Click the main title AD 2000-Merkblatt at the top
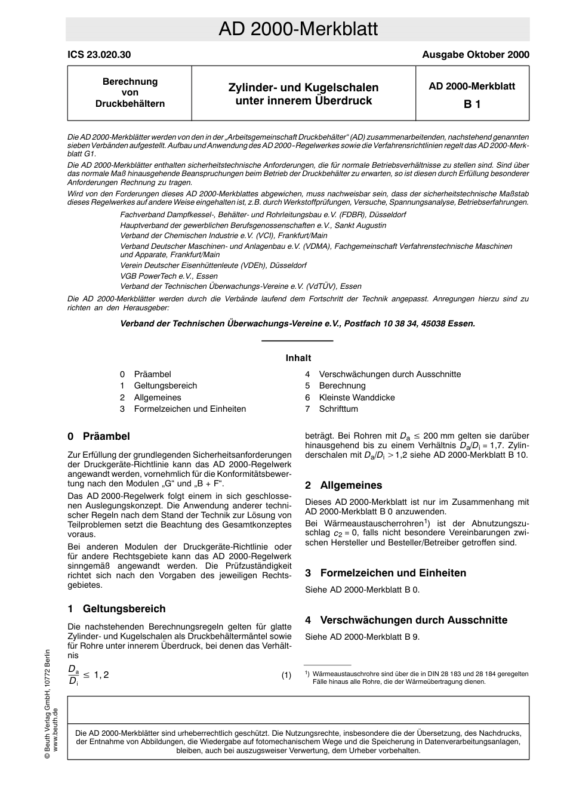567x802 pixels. [298, 29]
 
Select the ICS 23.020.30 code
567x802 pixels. [99, 55]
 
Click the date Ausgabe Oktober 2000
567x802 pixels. [475, 55]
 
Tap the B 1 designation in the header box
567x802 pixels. [472, 104]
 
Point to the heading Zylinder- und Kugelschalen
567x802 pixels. [303, 88]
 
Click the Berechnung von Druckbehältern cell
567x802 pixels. [130, 92]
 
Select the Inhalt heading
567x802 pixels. [298, 358]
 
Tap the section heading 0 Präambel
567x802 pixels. [98, 436]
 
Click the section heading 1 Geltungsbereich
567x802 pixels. [116, 609]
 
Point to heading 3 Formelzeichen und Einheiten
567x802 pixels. [386, 573]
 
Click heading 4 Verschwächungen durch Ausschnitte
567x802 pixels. [406, 620]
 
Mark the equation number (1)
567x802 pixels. [286, 675]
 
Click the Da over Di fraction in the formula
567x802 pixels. [73, 675]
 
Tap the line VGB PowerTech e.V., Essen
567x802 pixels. [169, 276]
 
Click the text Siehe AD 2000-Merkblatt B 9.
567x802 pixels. [362, 637]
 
